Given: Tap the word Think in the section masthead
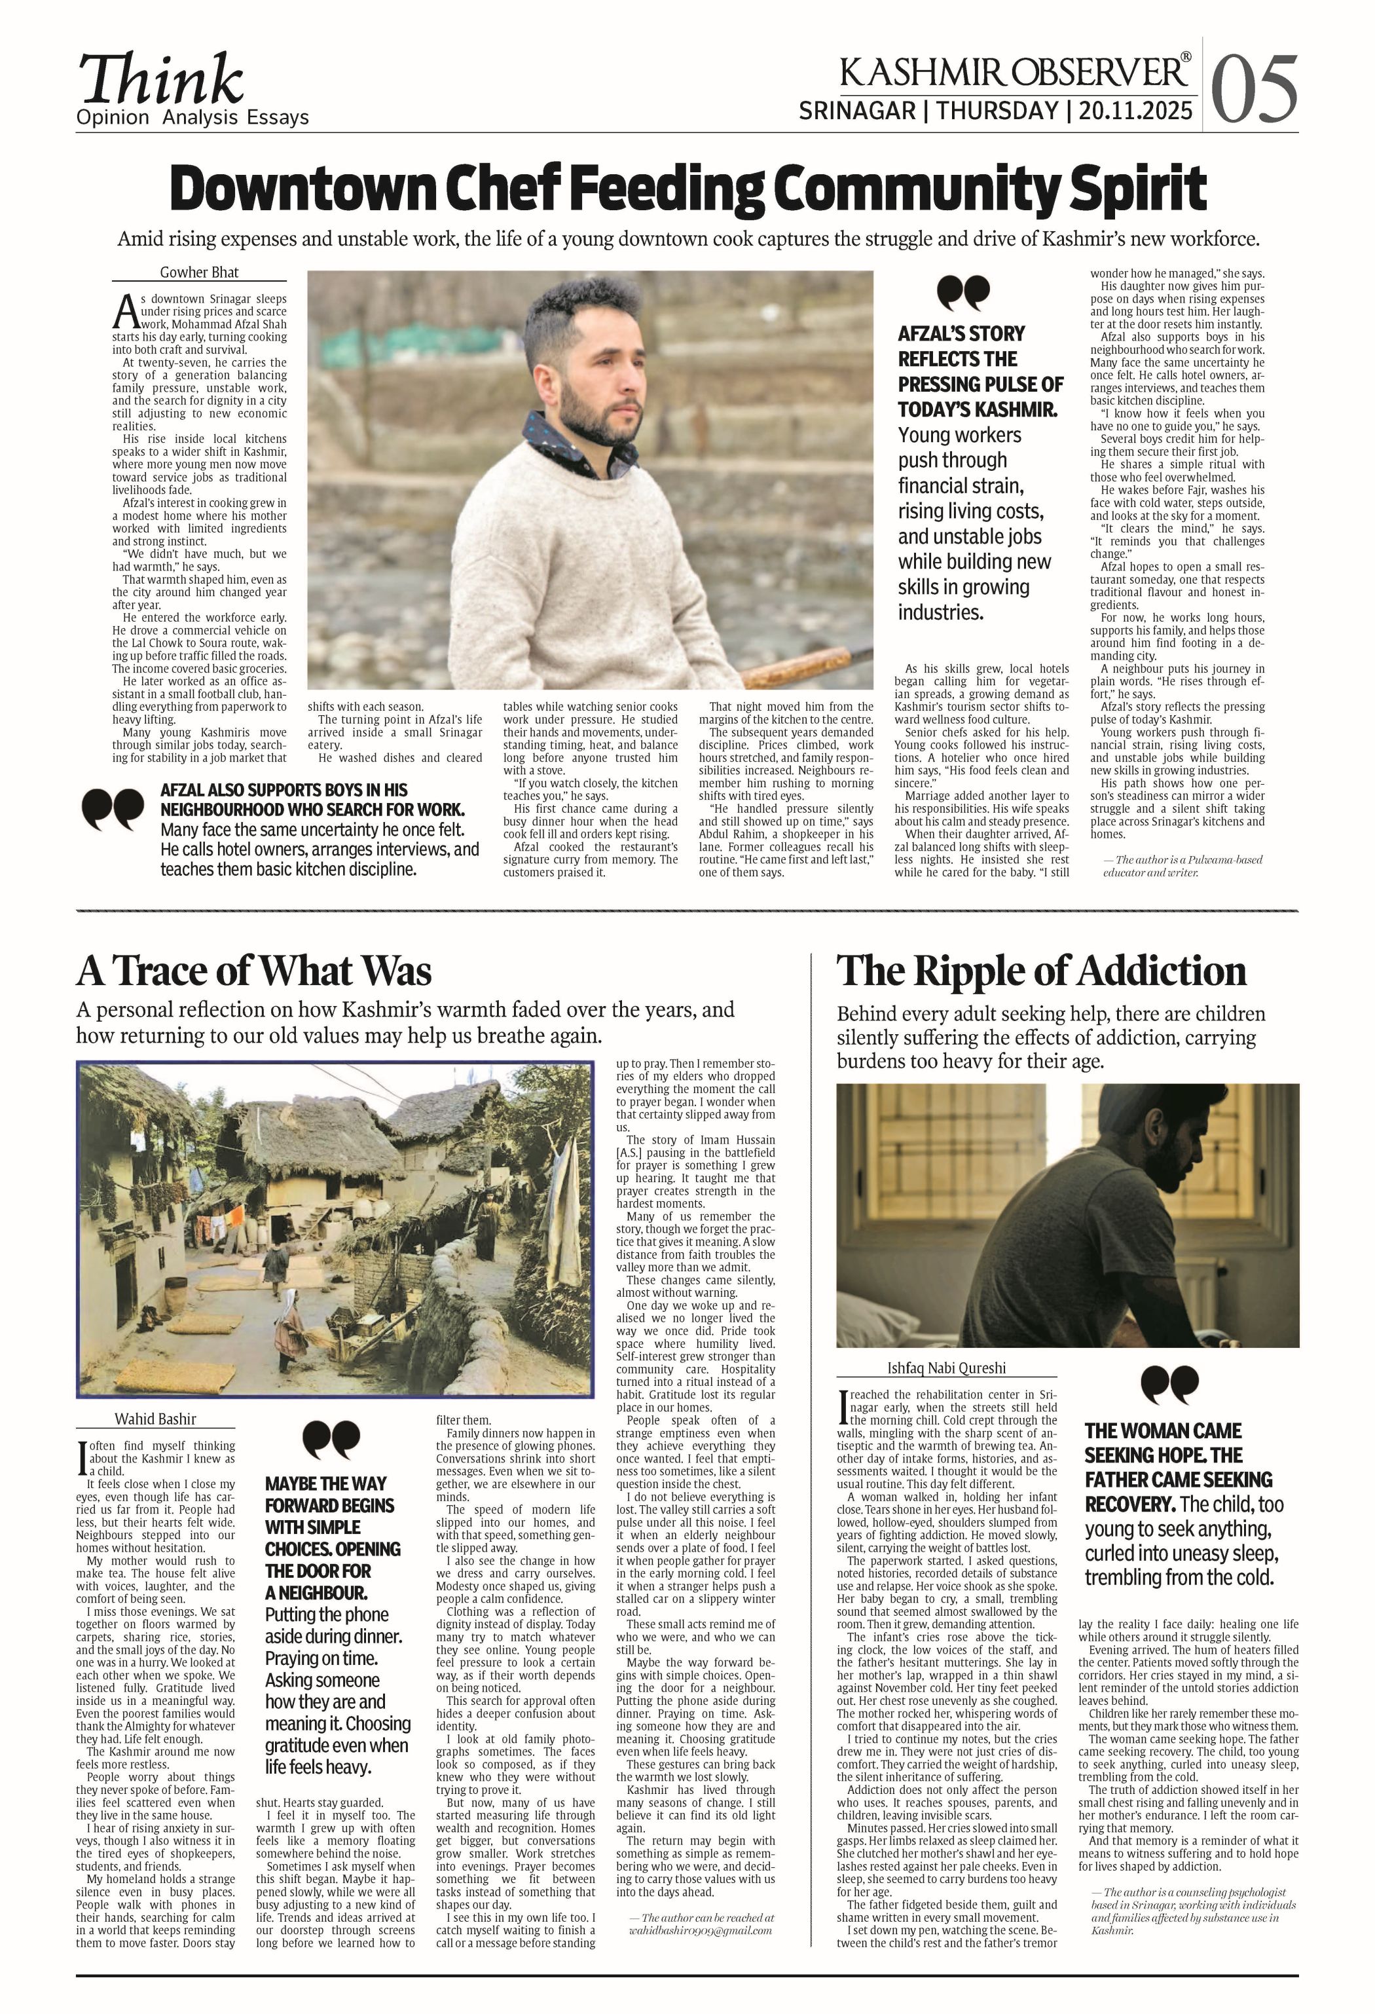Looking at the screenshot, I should tap(161, 80).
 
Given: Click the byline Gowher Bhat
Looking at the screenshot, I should tap(198, 272).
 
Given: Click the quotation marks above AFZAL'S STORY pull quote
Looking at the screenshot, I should tap(962, 294).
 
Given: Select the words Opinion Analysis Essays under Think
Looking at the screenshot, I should tap(192, 118).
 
